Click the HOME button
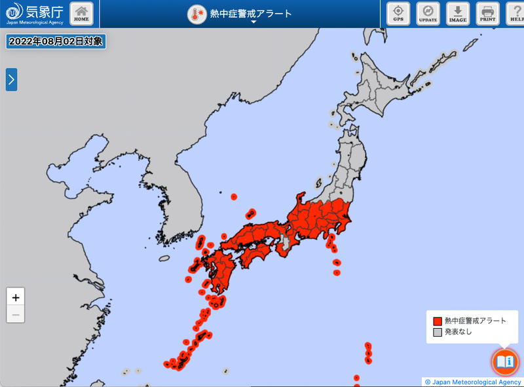coord(81,13)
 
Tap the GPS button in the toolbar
coord(398,13)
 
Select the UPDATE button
coord(428,13)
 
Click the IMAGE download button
coord(458,13)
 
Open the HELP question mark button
coord(514,13)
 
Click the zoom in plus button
coord(16,297)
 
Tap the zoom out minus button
coord(16,314)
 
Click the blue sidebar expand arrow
coord(11,79)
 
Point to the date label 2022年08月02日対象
coord(56,41)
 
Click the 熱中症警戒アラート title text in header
coord(251,14)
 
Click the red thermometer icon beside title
coord(196,14)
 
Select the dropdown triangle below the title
coord(253,22)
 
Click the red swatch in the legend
coord(437,321)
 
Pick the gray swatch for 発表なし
coord(437,332)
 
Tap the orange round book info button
coord(505,361)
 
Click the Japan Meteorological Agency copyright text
coord(472,382)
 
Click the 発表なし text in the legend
coord(458,332)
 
